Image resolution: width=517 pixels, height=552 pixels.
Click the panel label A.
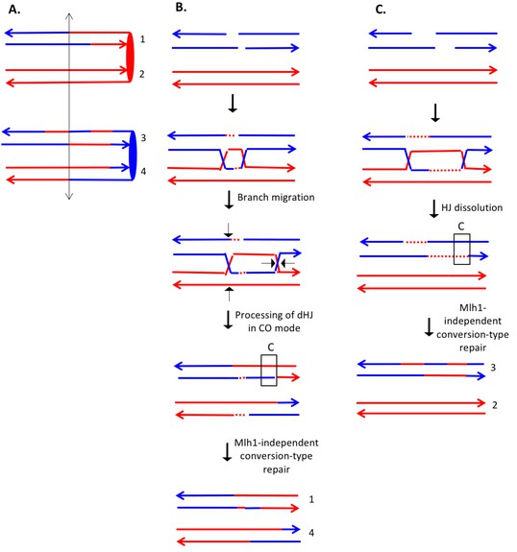(14, 10)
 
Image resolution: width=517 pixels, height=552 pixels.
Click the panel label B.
(181, 7)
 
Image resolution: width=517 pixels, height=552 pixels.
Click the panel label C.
(381, 10)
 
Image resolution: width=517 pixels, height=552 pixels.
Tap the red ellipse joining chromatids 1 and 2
(130, 57)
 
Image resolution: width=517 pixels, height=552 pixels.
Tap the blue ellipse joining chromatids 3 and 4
(133, 156)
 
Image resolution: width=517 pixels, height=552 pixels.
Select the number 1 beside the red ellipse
(142, 39)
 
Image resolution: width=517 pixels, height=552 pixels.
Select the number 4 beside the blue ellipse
(143, 172)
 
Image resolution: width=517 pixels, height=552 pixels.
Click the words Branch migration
(276, 198)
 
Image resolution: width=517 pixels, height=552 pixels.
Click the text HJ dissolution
(472, 207)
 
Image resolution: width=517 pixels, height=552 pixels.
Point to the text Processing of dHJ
(274, 315)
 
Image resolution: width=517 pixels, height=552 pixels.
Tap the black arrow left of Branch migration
(229, 200)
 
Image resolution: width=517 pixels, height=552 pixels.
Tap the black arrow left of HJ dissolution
(433, 209)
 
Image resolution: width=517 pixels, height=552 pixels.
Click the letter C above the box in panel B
(271, 348)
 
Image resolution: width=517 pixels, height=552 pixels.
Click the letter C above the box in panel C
(461, 227)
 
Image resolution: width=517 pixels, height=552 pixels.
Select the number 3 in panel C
(493, 368)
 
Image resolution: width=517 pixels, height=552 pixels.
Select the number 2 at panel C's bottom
(495, 405)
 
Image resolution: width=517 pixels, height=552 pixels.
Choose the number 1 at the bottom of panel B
(311, 499)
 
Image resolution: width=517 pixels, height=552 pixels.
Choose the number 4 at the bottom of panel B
(311, 533)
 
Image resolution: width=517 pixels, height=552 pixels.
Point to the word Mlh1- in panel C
(473, 308)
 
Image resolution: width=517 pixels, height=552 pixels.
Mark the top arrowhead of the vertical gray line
(69, 14)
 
